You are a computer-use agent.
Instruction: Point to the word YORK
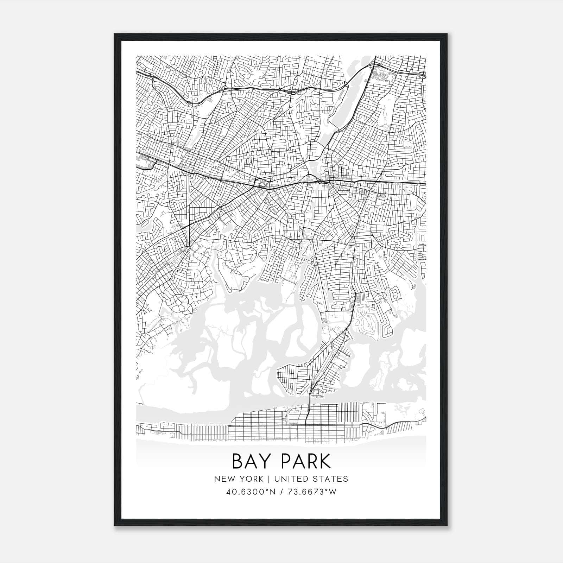pos(250,479)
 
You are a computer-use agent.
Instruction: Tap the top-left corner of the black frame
pos(114,34)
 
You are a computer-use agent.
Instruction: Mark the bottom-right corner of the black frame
pos(447,526)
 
